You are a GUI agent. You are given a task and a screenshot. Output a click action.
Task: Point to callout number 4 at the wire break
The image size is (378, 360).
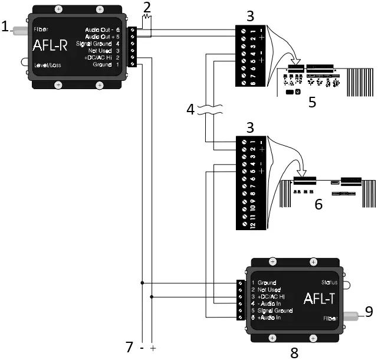click(189, 110)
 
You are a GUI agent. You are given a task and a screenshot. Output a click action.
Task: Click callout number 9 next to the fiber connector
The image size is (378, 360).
click(368, 312)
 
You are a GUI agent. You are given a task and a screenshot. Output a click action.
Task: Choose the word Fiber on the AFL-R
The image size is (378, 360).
click(41, 28)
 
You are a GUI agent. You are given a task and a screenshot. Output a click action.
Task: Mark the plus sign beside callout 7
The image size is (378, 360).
click(153, 349)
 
